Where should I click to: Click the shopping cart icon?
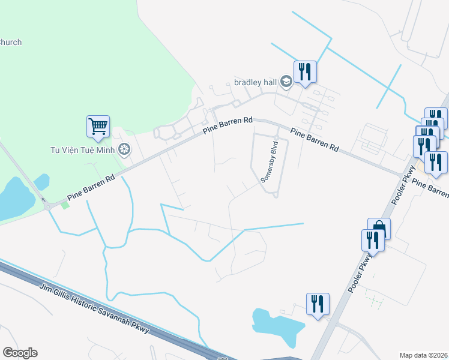tap(98, 126)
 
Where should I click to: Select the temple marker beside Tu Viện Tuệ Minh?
tap(124, 149)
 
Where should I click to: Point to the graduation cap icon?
tap(286, 82)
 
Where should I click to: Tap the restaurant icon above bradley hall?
tap(305, 72)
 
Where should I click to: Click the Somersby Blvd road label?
tap(270, 161)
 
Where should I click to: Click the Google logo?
tap(20, 353)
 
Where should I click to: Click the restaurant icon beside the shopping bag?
tap(372, 240)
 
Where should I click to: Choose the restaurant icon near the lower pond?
tap(318, 304)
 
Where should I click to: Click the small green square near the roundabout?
tap(65, 205)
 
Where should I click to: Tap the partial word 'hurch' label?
tap(11, 42)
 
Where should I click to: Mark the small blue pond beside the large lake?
tap(41, 181)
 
